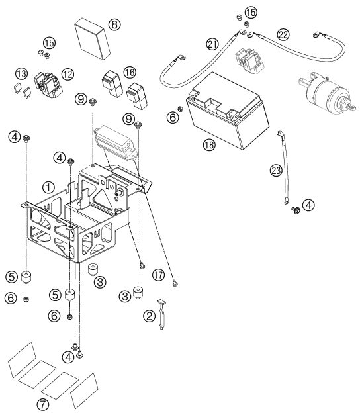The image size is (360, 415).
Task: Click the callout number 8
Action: [114, 24]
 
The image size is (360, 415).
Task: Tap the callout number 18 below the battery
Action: [209, 144]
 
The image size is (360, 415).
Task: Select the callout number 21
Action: [212, 44]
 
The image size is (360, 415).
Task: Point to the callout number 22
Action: [283, 34]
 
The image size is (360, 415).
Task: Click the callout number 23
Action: [276, 171]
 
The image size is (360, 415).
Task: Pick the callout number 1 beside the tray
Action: [48, 188]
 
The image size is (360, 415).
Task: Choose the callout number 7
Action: [43, 404]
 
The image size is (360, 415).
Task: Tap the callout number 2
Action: [149, 316]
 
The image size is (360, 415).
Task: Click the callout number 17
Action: [158, 275]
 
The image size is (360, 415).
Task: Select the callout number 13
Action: [21, 73]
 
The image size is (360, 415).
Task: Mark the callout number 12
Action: [67, 74]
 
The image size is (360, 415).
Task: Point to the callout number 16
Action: [130, 72]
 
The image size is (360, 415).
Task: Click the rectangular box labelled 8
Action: [93, 38]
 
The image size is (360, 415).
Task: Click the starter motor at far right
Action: [328, 93]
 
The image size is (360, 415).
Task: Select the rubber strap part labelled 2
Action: [161, 314]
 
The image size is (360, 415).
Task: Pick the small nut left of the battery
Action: [180, 109]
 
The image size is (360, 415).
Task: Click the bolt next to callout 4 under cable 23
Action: [295, 210]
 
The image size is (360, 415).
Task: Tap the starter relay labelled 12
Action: [48, 85]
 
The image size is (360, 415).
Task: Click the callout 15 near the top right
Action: [251, 12]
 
